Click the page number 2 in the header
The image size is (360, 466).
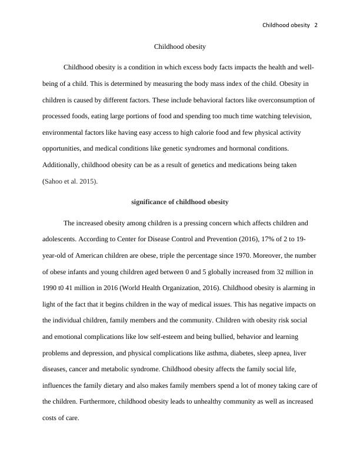316,25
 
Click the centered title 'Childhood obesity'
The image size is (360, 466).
179,46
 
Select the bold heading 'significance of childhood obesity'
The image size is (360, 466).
179,202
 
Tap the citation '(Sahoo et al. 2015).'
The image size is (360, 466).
71,181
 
